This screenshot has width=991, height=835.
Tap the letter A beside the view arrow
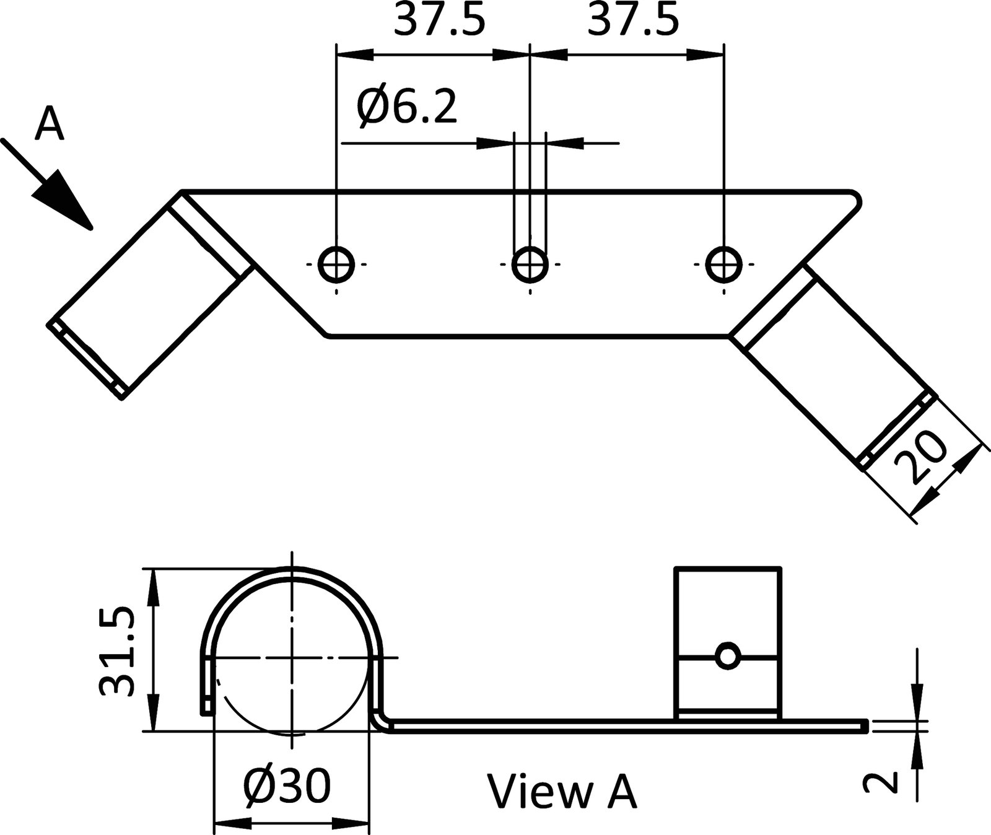[49, 124]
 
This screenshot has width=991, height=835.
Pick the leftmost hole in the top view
[336, 264]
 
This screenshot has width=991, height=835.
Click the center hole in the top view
[530, 264]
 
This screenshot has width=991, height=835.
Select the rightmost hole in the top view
[724, 264]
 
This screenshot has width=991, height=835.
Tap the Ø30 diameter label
[287, 787]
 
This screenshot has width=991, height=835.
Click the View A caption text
[562, 792]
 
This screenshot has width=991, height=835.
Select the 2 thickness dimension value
[880, 782]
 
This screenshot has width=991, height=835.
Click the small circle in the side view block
[727, 657]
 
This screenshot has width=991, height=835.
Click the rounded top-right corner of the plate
[855, 198]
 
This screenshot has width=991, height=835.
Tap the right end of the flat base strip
[863, 726]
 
